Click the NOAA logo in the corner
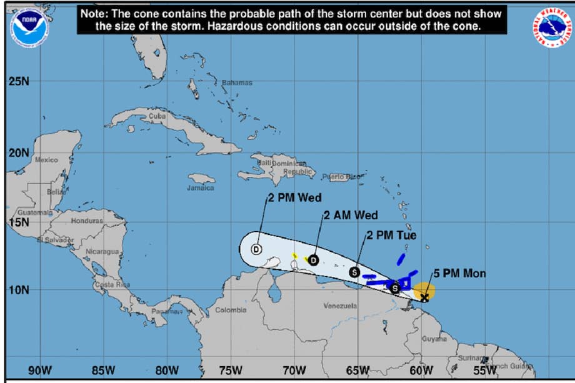(x=30, y=26)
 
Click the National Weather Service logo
(x=552, y=28)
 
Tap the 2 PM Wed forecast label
(x=294, y=199)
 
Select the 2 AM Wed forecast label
(x=351, y=216)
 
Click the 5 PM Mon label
(x=459, y=274)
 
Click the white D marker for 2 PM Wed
(x=256, y=249)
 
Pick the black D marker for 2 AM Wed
(x=313, y=260)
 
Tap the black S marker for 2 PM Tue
(x=354, y=272)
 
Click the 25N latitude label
(x=19, y=82)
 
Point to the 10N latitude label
(x=19, y=290)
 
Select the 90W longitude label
(x=39, y=371)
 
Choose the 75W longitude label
(x=231, y=371)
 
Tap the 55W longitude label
(x=486, y=371)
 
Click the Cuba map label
(x=157, y=116)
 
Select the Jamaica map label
(x=200, y=188)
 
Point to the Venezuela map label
(x=340, y=306)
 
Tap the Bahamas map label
(x=237, y=82)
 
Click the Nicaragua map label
(x=102, y=252)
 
